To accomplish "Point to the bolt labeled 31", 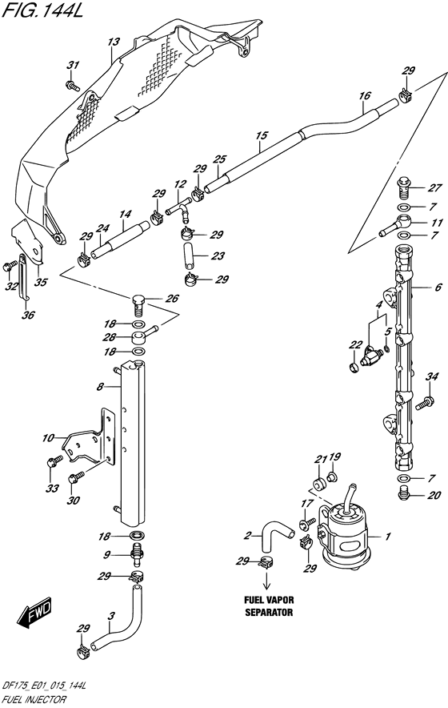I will pos(72,83).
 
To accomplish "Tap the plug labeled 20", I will pos(405,494).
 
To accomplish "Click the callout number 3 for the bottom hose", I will pos(111,615).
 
